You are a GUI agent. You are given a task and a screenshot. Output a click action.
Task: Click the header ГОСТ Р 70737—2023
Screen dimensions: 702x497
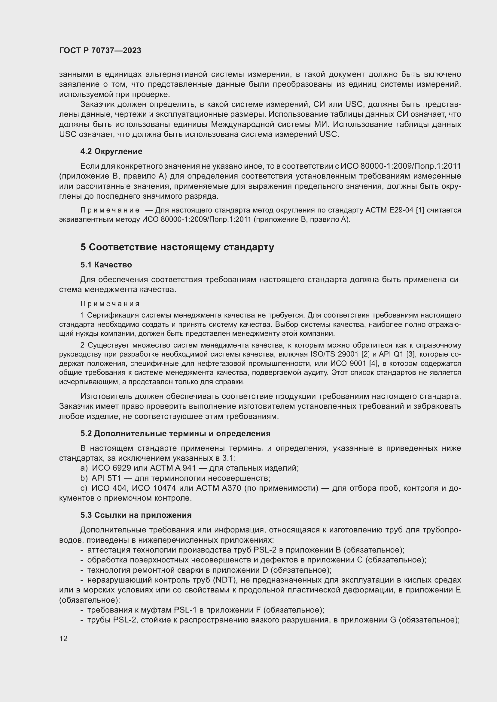(x=100, y=51)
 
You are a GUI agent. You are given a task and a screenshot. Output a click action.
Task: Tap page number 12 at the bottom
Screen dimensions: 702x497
(x=63, y=638)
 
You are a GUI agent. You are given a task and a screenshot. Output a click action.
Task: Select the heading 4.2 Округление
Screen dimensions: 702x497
(x=111, y=151)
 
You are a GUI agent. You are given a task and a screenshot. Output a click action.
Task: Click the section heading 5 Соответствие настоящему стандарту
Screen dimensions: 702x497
(x=177, y=247)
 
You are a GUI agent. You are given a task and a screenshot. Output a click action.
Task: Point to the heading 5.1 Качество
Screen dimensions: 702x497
(x=106, y=265)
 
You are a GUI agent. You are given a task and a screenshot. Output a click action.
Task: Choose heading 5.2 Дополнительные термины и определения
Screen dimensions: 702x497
(x=175, y=434)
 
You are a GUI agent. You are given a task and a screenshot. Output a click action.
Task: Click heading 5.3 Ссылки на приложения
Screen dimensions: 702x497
(x=136, y=515)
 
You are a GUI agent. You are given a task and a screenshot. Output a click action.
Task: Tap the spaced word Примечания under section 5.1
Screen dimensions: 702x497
(x=110, y=304)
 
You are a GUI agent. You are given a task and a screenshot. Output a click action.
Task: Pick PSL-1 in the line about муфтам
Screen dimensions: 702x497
(x=185, y=610)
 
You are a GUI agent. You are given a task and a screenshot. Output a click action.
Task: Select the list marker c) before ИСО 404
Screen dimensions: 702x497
(x=84, y=488)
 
